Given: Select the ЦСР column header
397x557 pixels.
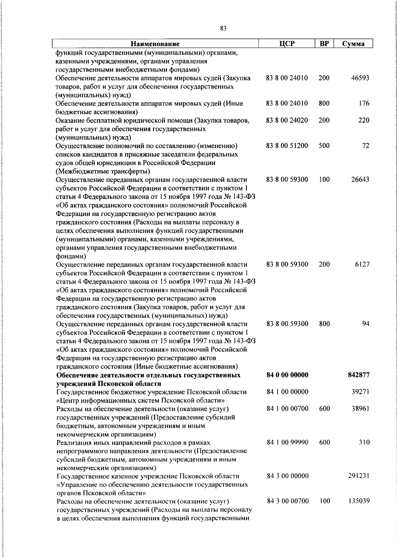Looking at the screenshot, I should tap(287, 44).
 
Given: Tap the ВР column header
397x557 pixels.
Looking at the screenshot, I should tap(324, 44).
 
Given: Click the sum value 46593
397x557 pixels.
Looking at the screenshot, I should tap(360, 78).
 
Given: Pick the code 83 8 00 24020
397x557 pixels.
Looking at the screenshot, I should tap(287, 120).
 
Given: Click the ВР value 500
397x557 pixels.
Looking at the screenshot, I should tap(324, 146).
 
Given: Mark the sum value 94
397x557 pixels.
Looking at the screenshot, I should tap(366, 324).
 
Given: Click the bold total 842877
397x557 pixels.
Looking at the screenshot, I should tap(359, 375).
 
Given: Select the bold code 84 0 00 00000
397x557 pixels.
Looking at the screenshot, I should tap(287, 375).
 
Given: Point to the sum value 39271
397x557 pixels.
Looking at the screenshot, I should tap(360, 392).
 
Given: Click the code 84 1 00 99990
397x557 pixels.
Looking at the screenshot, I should tap(287, 442).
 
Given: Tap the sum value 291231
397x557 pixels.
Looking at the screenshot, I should tap(359, 476).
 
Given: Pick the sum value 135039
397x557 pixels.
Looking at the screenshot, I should tap(359, 501).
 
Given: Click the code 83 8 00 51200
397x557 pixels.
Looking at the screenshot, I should tap(287, 146).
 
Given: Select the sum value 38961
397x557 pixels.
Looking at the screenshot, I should tap(360, 409).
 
